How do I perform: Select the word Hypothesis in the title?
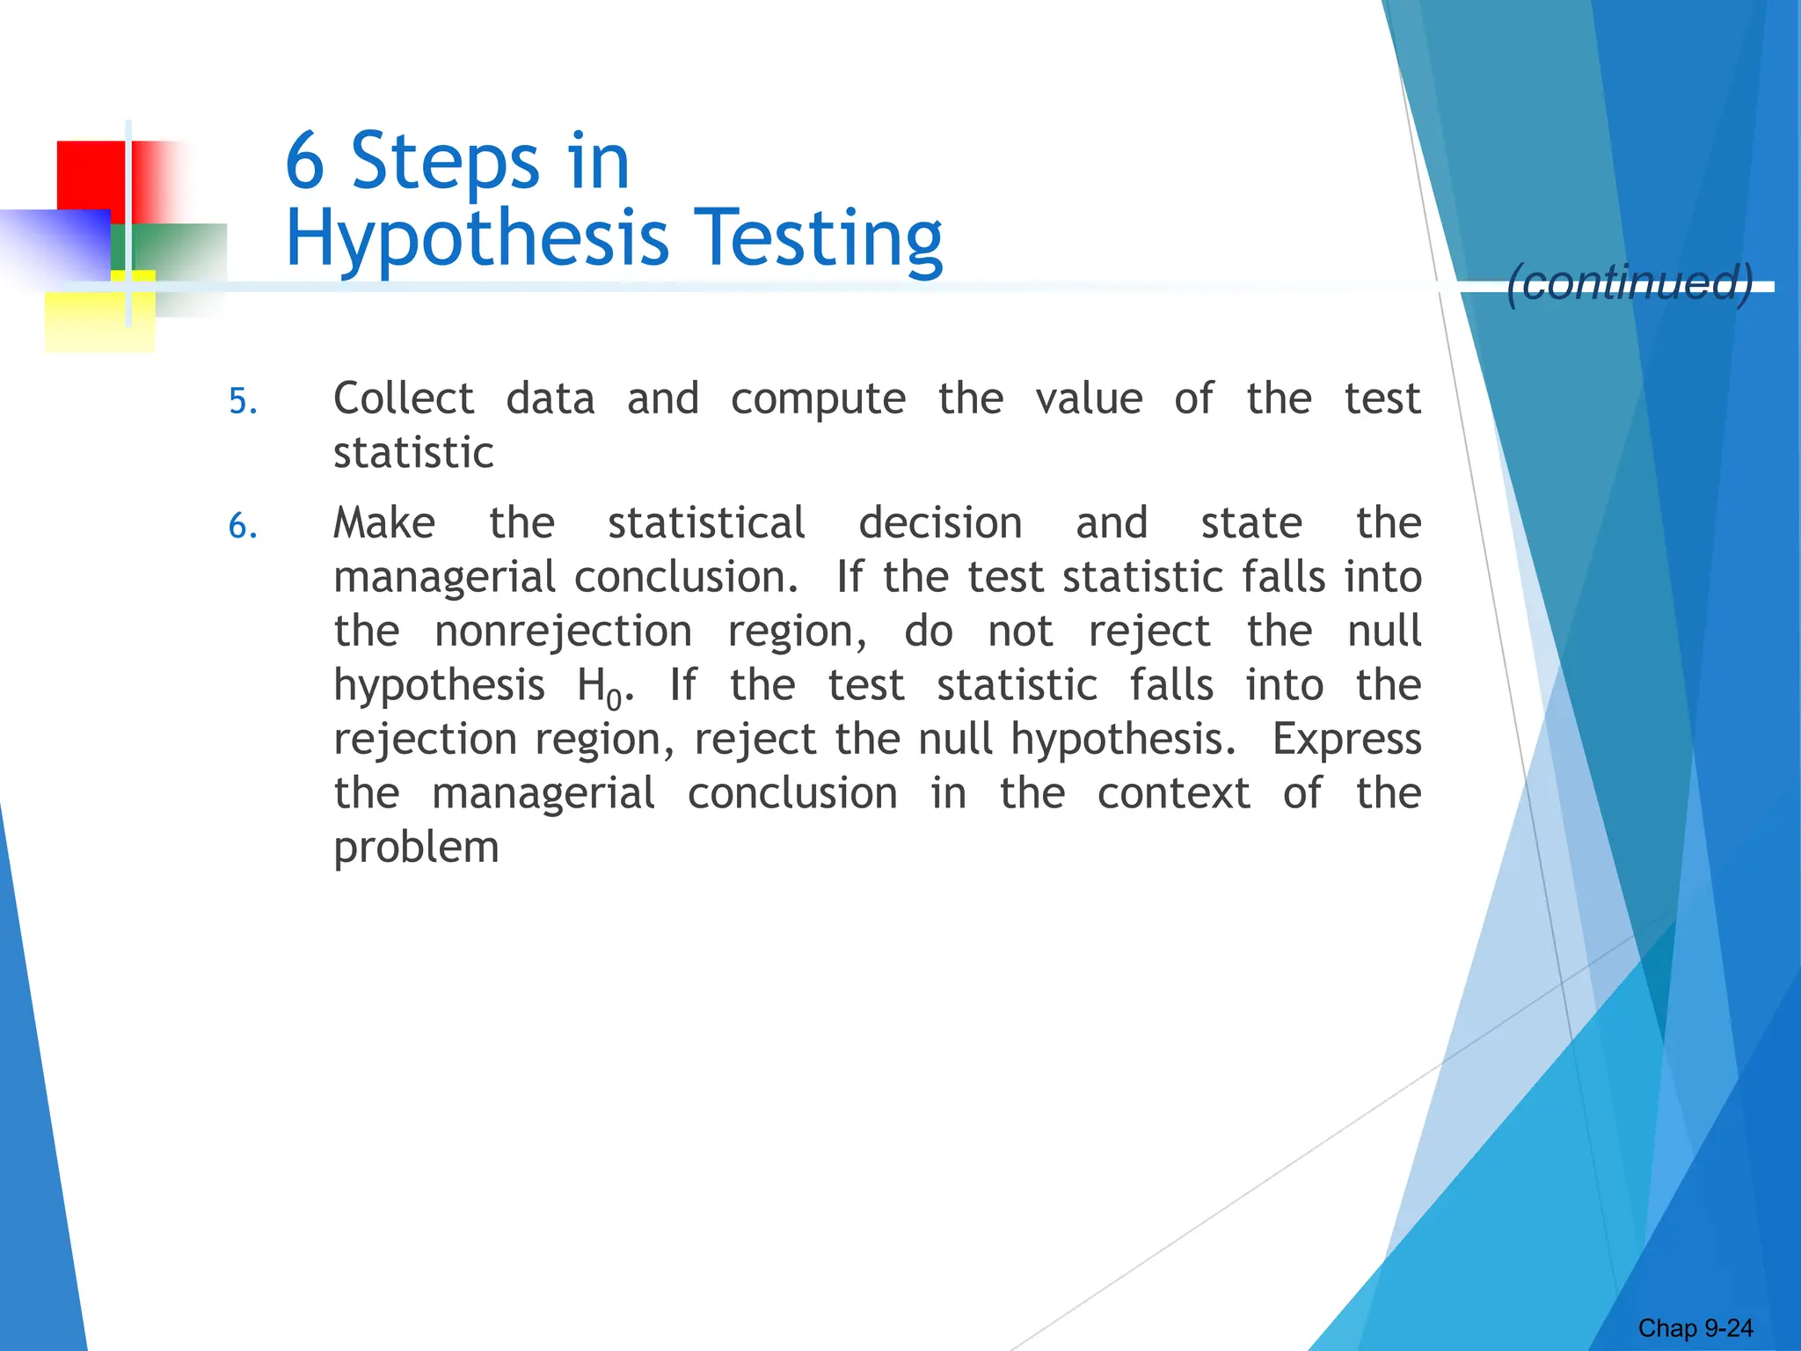click(478, 239)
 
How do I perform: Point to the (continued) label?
click(1630, 282)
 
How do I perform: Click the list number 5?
click(243, 402)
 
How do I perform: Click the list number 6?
click(243, 526)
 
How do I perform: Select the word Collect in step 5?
click(404, 398)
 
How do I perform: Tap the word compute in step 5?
click(818, 400)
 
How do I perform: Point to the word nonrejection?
click(563, 632)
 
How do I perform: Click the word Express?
click(1346, 741)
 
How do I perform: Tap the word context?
click(1173, 793)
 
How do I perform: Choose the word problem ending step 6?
click(416, 849)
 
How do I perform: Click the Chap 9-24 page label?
click(1695, 1328)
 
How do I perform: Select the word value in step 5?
click(1089, 398)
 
